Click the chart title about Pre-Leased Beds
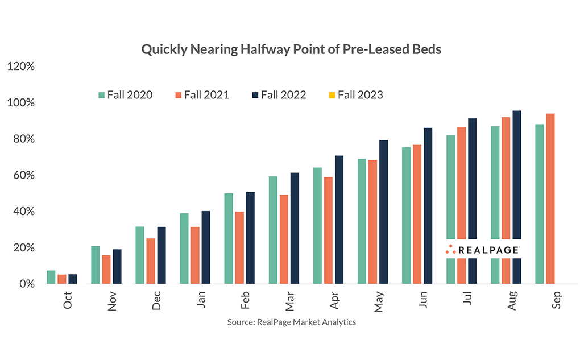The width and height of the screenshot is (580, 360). click(x=291, y=49)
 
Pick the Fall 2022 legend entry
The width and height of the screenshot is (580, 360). click(x=279, y=95)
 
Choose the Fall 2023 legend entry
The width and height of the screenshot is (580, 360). click(x=355, y=95)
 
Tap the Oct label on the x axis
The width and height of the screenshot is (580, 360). click(x=68, y=299)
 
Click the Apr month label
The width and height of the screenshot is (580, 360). click(x=334, y=299)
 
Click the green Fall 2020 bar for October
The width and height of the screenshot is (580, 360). click(x=51, y=277)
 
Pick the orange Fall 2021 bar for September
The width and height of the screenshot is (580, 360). click(x=550, y=198)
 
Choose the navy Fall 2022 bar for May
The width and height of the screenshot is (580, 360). click(x=383, y=212)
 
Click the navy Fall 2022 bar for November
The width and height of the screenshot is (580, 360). click(x=117, y=266)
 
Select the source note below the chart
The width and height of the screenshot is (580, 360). click(x=291, y=322)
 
